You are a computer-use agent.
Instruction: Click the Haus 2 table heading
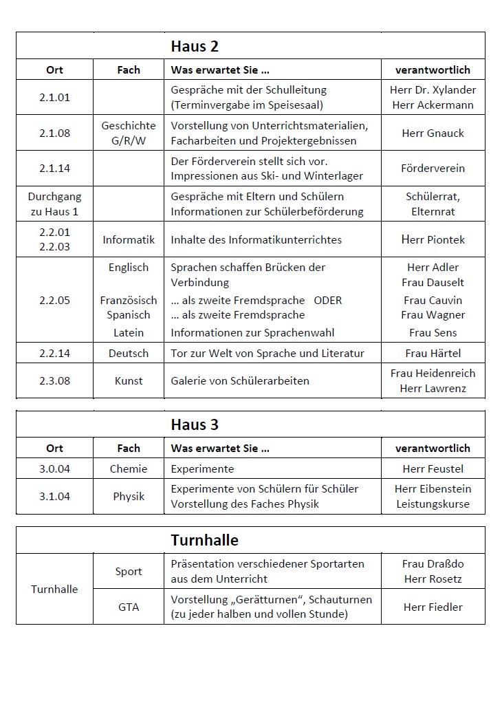(x=195, y=47)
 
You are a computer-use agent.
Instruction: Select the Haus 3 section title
(x=195, y=424)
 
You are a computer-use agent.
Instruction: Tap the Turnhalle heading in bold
(x=204, y=540)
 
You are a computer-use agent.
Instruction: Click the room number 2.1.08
(x=54, y=133)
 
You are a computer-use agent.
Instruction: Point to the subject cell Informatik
(x=129, y=239)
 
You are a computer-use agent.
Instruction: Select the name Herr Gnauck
(x=433, y=133)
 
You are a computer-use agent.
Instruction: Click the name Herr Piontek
(x=433, y=239)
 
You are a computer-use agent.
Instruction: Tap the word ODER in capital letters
(x=327, y=301)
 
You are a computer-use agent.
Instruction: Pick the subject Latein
(x=129, y=333)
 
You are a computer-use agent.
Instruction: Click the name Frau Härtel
(x=433, y=354)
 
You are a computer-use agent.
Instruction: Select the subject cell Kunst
(x=129, y=381)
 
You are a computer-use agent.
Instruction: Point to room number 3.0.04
(x=54, y=469)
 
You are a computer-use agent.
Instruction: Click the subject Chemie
(x=129, y=469)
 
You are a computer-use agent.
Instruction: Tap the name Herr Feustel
(x=433, y=469)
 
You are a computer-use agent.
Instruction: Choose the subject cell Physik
(x=129, y=496)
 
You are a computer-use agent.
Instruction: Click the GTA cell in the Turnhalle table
(x=129, y=607)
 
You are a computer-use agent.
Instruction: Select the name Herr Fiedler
(x=433, y=607)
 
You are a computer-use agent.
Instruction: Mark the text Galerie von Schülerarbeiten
(x=240, y=381)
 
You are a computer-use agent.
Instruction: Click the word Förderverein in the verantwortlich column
(x=433, y=169)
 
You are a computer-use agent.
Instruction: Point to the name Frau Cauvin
(x=433, y=301)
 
